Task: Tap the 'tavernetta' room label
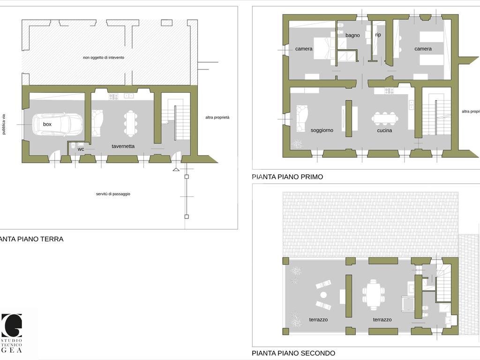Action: point(123,146)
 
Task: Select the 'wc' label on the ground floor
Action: point(81,149)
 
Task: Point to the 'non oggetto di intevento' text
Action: point(104,58)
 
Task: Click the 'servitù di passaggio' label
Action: point(113,194)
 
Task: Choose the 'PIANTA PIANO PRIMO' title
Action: point(287,177)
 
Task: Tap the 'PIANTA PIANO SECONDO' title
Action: point(293,353)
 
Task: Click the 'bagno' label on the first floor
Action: point(352,35)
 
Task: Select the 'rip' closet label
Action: point(378,35)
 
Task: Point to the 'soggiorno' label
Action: point(322,130)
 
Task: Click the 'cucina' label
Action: point(384,130)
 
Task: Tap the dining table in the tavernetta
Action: point(131,123)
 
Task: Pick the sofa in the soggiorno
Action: point(302,119)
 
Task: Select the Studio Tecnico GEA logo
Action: point(12,333)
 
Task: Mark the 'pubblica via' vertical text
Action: point(4,124)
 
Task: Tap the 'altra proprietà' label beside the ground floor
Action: point(217,117)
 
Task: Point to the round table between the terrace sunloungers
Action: point(323,295)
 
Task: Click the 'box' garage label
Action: point(47,124)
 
